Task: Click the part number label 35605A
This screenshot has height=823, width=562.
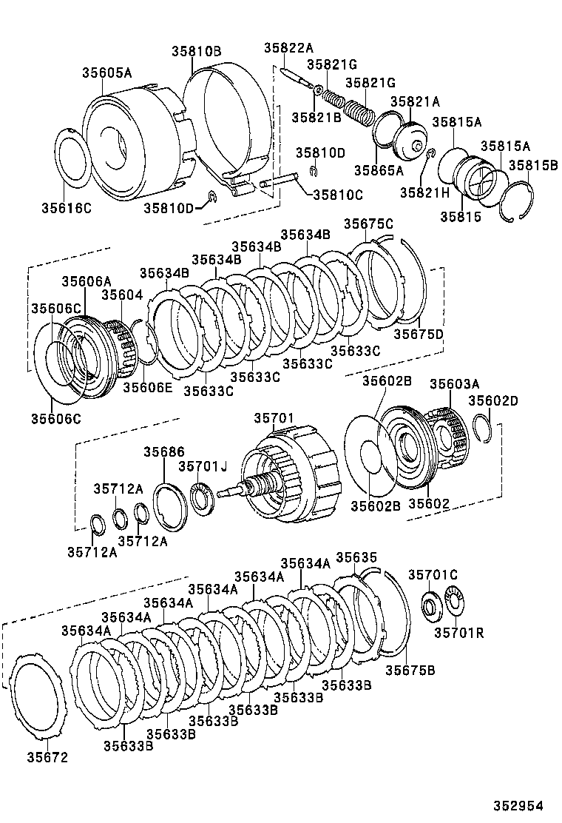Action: click(106, 73)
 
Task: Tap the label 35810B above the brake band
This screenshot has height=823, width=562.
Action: click(197, 52)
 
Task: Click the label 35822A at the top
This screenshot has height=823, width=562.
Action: click(288, 49)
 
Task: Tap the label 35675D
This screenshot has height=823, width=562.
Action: click(418, 334)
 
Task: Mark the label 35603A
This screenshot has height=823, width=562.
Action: click(455, 383)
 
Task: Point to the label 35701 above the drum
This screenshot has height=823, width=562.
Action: click(274, 418)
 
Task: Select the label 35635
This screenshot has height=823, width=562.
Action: click(356, 557)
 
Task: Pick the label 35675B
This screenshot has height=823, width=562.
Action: click(410, 671)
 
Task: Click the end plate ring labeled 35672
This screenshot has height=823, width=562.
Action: click(36, 696)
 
